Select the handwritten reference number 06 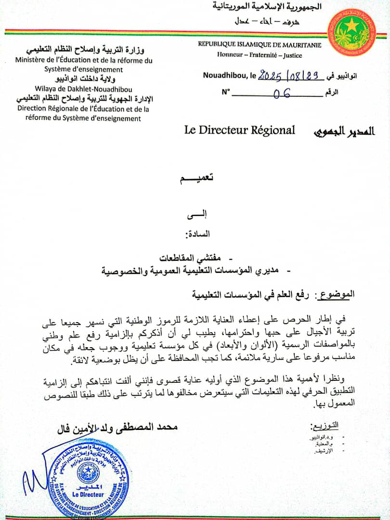point(282,93)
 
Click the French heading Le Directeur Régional point(239,130)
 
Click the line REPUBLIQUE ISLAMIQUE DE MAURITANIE point(260,44)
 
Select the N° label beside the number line point(226,91)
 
